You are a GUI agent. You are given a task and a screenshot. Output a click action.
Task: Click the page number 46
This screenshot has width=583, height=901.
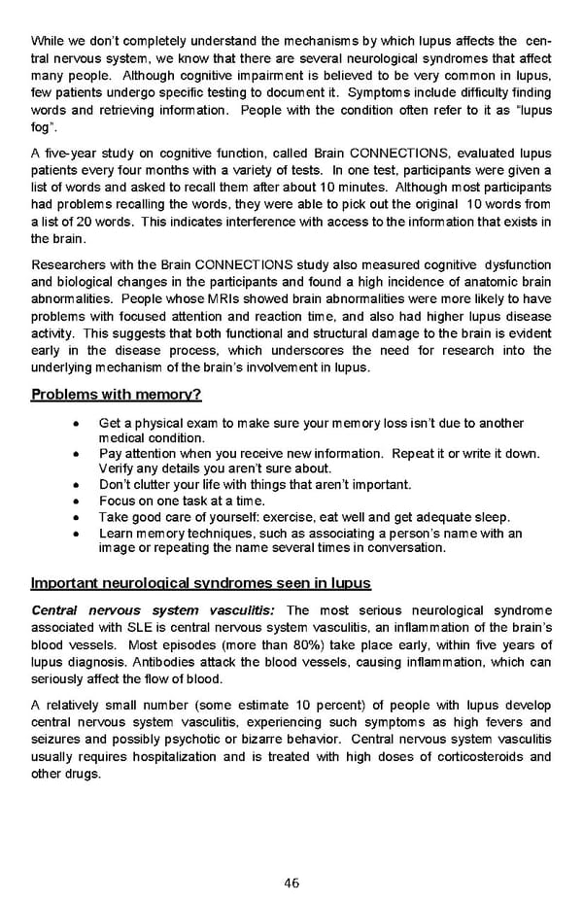click(x=291, y=883)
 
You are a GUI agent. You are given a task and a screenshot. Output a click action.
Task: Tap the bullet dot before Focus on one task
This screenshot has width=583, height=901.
click(x=77, y=501)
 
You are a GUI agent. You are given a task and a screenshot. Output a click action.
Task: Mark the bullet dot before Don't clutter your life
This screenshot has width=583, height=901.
click(x=77, y=485)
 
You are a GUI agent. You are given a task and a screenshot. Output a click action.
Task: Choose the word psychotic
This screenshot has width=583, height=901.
click(x=174, y=741)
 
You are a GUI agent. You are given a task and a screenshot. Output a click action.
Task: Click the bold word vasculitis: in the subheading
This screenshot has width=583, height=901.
click(x=238, y=610)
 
